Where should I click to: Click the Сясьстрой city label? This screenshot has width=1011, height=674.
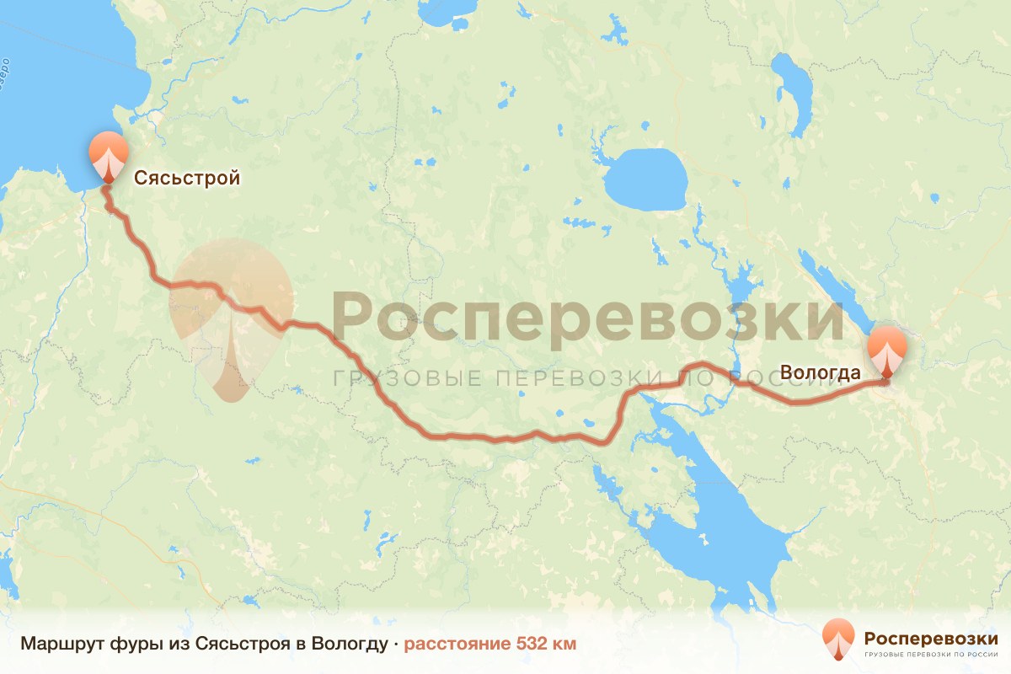click(187, 179)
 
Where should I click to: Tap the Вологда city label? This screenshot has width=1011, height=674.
click(821, 372)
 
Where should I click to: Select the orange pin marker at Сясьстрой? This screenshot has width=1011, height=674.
click(109, 157)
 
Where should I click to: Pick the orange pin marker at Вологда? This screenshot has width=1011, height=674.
click(887, 351)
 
